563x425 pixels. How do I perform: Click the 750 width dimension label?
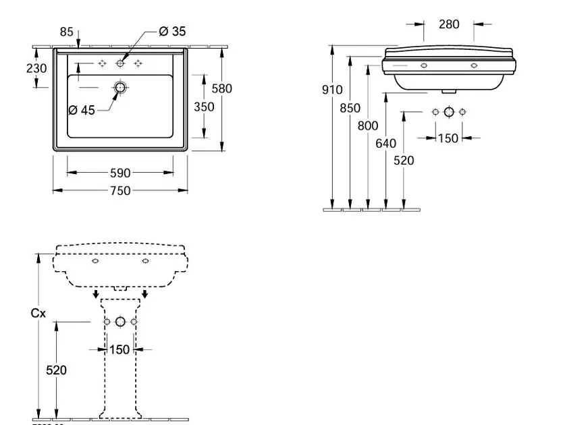(x=119, y=191)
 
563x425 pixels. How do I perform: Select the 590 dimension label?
(x=119, y=173)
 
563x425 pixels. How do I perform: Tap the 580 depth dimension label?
(x=221, y=88)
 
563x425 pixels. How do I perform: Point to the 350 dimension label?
(x=204, y=107)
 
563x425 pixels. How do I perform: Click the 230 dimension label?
(x=36, y=68)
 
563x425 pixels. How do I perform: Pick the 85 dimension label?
(x=66, y=31)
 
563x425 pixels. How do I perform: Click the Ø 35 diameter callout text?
(x=172, y=31)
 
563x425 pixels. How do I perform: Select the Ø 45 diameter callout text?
(x=82, y=110)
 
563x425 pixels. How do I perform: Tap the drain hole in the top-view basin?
(x=120, y=88)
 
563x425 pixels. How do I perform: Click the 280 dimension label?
(x=449, y=24)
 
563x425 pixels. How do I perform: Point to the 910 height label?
(x=332, y=90)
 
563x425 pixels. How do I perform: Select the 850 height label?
(x=350, y=107)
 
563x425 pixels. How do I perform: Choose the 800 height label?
(x=368, y=125)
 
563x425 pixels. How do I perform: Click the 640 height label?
(x=385, y=143)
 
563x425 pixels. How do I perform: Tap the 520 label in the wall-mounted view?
(x=404, y=161)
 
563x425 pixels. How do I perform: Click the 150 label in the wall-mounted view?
(x=448, y=138)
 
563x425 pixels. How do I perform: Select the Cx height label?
(x=38, y=313)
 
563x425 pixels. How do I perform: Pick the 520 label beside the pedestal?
(x=56, y=370)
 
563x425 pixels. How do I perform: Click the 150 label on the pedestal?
(x=119, y=349)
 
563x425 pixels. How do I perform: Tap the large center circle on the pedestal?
(x=120, y=322)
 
